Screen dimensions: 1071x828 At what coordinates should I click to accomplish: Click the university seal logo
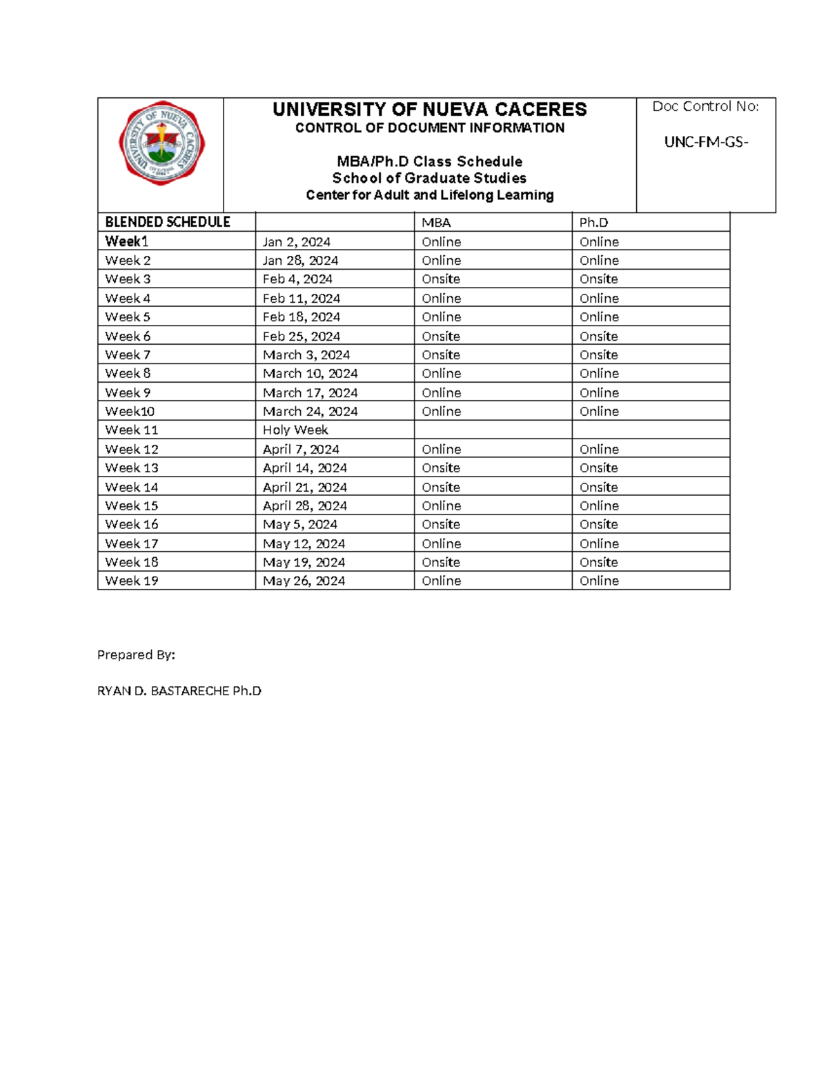161,144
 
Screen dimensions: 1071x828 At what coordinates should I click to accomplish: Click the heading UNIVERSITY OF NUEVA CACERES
429,110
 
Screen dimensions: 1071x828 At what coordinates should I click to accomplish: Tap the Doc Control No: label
705,106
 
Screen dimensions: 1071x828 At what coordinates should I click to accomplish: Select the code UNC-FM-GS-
706,142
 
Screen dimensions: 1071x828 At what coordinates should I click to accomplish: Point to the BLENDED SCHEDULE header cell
168,222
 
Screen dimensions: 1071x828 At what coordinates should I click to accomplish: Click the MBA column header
436,223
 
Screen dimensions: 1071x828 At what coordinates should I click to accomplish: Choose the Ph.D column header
593,223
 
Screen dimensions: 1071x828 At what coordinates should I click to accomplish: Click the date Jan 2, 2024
296,242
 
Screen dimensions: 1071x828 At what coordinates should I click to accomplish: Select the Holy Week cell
295,430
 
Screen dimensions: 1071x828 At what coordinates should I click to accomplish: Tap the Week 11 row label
132,430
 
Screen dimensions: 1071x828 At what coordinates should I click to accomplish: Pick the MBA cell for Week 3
441,279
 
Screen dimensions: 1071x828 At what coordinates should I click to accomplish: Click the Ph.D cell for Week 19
599,581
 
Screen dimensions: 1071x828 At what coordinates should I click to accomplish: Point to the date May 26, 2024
304,581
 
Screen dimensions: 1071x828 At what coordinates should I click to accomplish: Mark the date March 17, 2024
310,392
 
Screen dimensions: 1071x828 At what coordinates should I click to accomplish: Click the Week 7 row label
128,354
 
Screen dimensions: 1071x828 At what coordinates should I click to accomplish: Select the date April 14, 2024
304,468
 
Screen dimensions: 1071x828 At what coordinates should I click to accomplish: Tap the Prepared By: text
136,654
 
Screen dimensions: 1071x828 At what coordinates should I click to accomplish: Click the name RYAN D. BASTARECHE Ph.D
179,691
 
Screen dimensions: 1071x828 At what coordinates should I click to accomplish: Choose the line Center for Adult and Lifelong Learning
429,195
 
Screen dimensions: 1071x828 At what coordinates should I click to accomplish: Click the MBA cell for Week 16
441,524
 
